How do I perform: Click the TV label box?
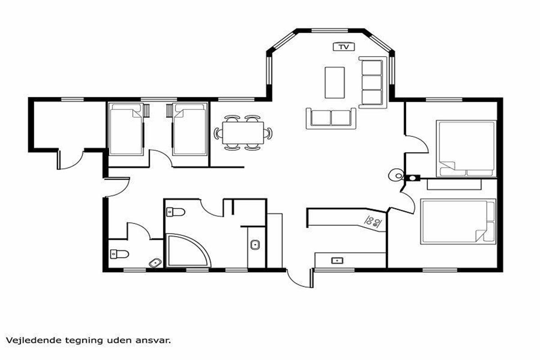344,47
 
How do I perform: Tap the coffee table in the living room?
335,83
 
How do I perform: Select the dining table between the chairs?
243,133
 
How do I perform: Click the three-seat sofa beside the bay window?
373,82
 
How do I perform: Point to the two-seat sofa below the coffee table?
331,119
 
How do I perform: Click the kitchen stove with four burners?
372,222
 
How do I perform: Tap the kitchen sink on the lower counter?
337,261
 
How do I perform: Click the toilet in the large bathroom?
176,212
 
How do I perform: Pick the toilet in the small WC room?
119,254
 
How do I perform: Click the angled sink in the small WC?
156,262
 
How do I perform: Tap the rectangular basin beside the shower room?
255,245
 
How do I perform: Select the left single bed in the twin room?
126,129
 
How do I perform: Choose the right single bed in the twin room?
190,129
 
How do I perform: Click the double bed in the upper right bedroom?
466,149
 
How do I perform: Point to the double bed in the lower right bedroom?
458,221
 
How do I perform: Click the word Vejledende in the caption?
33,340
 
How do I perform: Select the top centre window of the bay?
330,31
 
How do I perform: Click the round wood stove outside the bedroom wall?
396,175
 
